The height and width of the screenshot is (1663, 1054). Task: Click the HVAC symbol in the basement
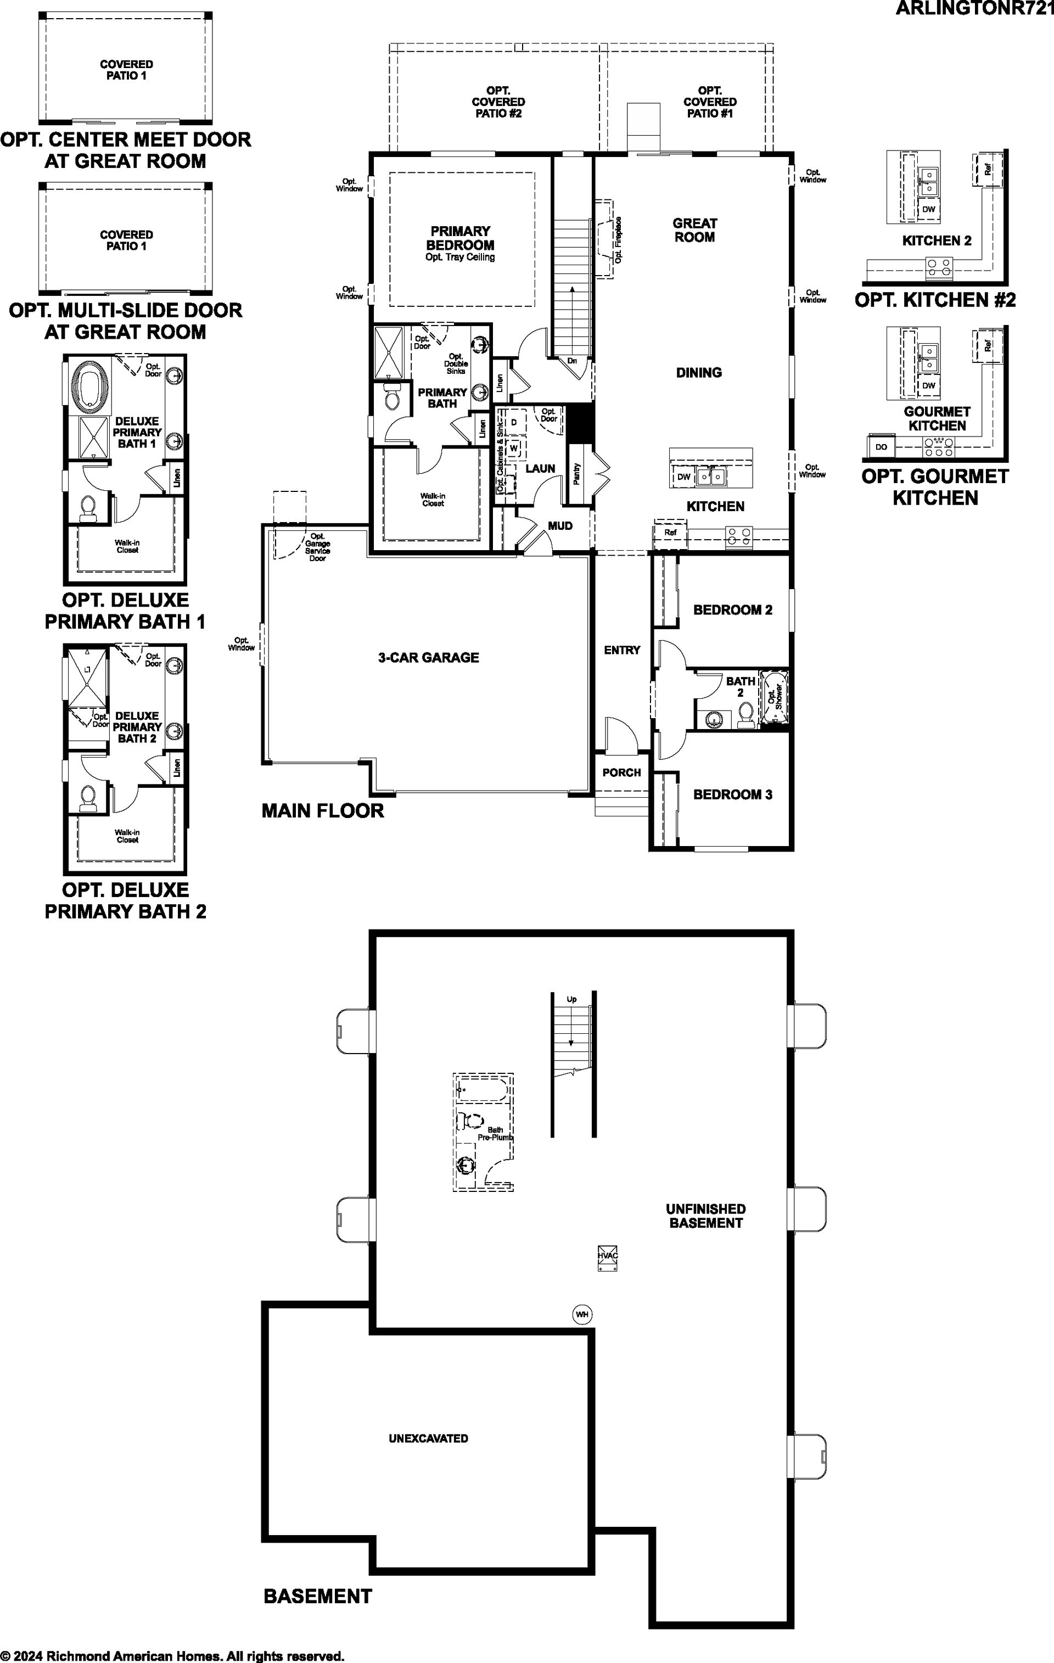pos(607,1258)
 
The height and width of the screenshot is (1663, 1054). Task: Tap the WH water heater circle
pos(582,1314)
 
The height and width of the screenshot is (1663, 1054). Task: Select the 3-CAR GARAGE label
pos(428,658)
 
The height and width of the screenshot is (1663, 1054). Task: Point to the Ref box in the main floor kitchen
pos(670,533)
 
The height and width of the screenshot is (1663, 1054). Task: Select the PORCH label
pos(621,772)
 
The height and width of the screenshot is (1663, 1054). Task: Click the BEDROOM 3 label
pos(733,794)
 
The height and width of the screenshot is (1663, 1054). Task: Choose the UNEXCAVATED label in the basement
pos(428,1438)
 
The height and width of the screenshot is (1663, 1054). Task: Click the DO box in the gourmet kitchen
pos(881,447)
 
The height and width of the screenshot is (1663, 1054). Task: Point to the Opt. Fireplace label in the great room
pos(618,239)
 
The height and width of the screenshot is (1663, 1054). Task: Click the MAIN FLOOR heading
pos(323,810)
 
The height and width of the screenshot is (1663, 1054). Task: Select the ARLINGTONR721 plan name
pos(974,8)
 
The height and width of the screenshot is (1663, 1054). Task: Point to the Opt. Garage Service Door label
pos(318,547)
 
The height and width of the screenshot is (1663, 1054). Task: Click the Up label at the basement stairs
pos(572,999)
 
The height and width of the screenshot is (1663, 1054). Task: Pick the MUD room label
pos(560,525)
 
